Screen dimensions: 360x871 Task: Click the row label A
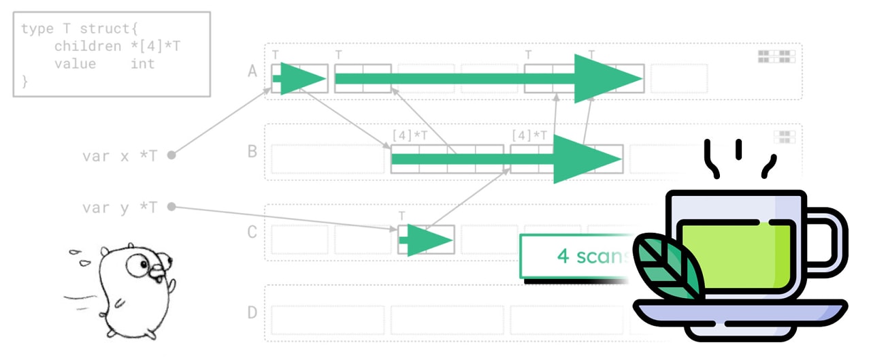click(x=252, y=71)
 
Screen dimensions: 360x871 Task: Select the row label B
click(x=252, y=151)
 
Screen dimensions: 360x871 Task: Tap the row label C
click(x=252, y=232)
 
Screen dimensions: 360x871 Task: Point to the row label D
click(x=252, y=312)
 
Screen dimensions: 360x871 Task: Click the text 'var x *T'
click(x=120, y=155)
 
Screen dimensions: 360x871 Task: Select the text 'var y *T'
click(x=120, y=207)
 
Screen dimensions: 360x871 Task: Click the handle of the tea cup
click(x=832, y=238)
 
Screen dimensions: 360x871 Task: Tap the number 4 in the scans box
click(x=563, y=257)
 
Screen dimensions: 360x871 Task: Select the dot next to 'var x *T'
click(x=171, y=155)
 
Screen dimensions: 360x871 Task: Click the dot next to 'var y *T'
click(x=171, y=206)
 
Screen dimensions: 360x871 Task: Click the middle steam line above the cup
click(x=738, y=148)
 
